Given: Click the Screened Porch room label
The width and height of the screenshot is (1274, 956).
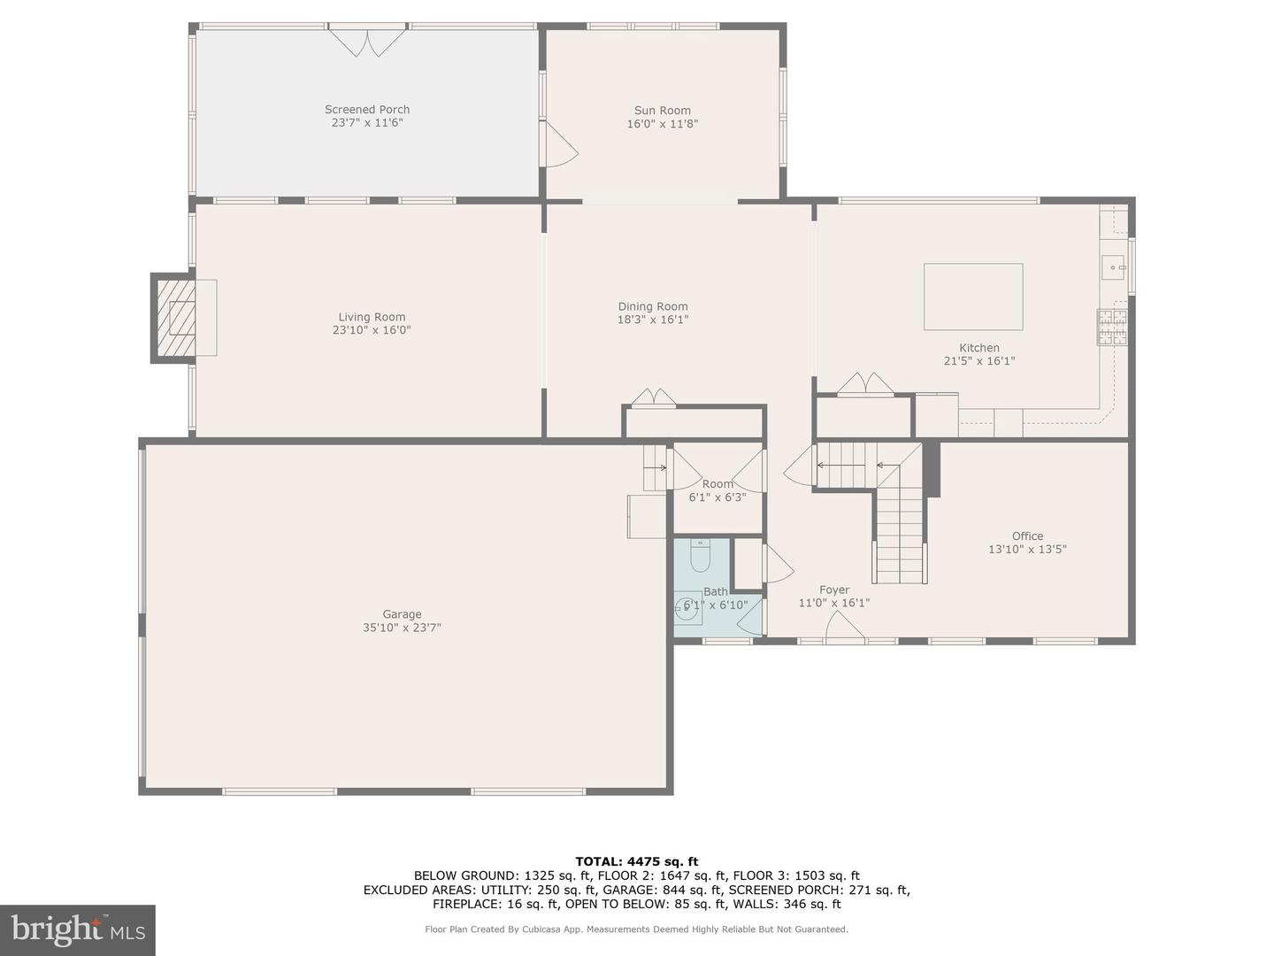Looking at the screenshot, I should coord(367,110).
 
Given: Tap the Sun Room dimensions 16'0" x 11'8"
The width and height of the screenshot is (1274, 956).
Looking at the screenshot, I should coord(662,124).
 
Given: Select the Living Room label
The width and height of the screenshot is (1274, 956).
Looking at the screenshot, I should coord(372,317).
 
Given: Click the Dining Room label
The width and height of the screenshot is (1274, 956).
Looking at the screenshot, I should coord(653,306).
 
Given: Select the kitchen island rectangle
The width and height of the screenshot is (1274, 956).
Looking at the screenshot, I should coord(973,297).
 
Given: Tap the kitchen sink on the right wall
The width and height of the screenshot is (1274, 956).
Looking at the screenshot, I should coord(1113,266).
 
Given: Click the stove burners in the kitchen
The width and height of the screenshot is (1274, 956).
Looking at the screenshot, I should coord(1112,327).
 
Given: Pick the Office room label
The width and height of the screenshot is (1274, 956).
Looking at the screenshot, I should coord(1027,536).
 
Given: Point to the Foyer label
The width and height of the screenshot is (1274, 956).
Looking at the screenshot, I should coord(834,590).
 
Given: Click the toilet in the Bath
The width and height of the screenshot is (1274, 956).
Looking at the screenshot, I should coord(700,556).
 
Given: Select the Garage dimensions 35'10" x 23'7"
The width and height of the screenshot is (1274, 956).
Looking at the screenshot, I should coord(402,628).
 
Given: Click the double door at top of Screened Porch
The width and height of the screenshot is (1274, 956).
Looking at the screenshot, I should coord(368,42).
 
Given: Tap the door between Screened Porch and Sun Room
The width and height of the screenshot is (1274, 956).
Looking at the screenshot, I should coord(558,145).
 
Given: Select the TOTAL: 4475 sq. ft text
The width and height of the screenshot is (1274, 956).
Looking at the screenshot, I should coord(636,861).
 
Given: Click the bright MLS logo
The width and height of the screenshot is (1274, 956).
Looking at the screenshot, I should coord(77,929).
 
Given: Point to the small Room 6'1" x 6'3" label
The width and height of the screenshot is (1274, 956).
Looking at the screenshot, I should coord(718,484).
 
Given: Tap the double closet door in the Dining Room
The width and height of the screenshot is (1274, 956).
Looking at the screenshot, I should coord(654,397).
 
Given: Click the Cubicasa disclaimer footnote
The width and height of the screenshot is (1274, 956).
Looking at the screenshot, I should coord(636,929).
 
